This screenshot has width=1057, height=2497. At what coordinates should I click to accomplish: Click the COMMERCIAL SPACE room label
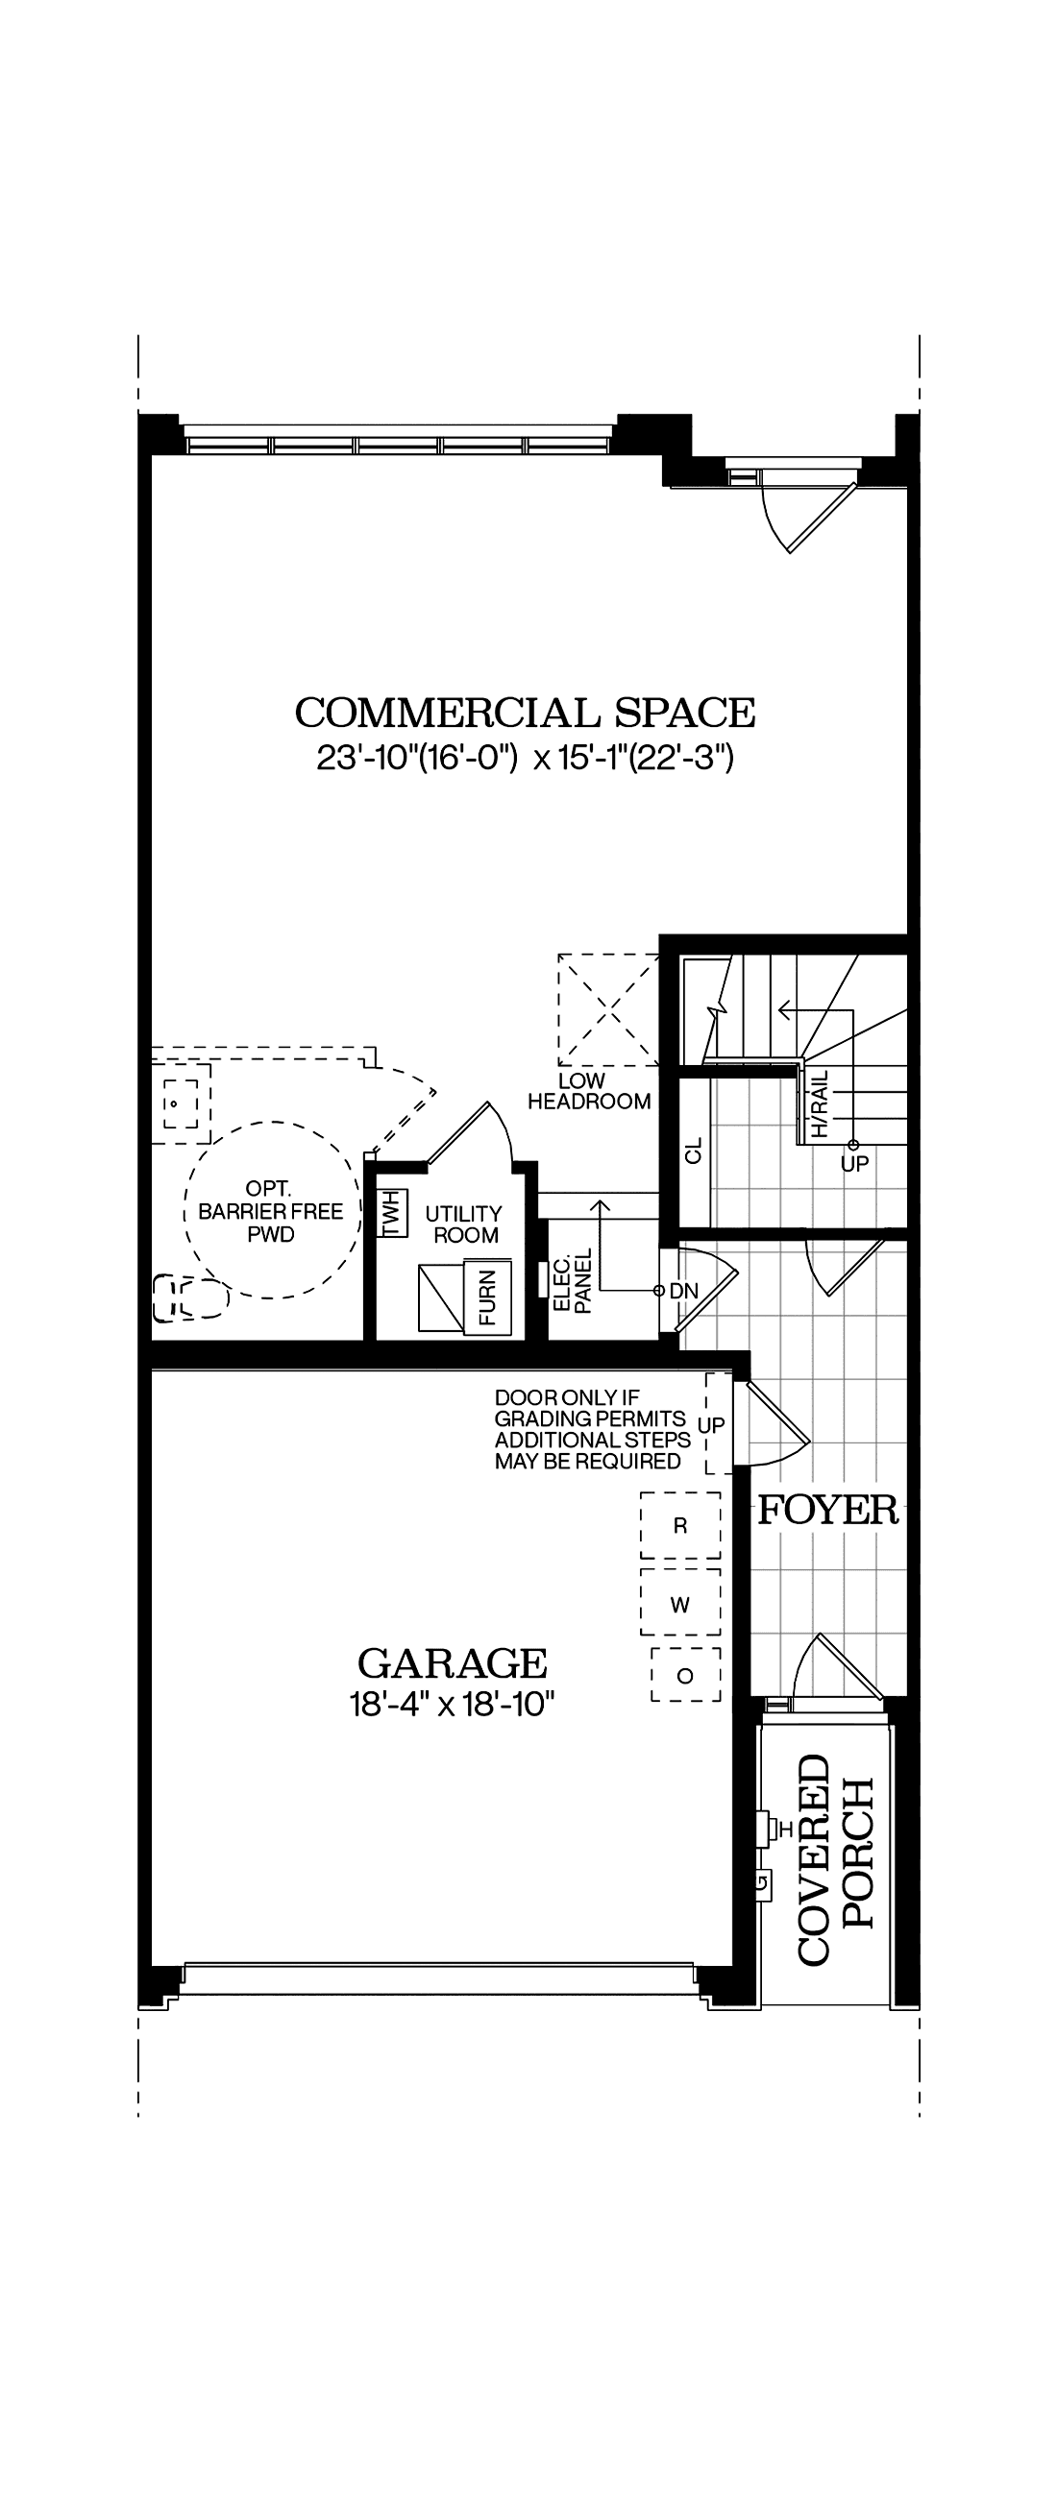pos(525,714)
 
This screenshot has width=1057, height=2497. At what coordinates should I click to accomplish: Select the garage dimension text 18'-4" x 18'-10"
pos(452,1704)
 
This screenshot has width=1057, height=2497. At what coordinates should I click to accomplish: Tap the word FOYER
pos(828,1511)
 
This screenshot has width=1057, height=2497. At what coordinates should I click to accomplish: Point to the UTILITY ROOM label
pos(464,1224)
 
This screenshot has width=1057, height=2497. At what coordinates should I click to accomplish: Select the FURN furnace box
pos(487,1297)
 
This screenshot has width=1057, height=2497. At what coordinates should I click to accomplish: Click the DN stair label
pos(683,1291)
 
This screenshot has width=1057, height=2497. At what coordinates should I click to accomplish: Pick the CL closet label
pos(694,1151)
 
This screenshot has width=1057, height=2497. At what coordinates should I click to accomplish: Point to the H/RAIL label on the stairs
pos(821,1104)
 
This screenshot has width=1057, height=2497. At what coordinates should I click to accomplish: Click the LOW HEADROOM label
pos(588,1091)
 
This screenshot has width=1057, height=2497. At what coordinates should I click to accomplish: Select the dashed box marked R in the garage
pos(679,1526)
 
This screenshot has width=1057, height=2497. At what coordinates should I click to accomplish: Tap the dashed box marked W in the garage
pos(679,1605)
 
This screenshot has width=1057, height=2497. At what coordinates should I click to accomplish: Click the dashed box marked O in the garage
pos(685,1676)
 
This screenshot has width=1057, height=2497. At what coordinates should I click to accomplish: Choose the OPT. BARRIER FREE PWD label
pos(271,1212)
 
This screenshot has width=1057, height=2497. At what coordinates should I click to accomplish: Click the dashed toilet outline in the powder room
pos(189,1297)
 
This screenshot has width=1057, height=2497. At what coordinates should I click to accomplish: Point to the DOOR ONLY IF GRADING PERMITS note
pos(592,1430)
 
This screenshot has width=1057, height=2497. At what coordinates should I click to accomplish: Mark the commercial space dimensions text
pos(525,758)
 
